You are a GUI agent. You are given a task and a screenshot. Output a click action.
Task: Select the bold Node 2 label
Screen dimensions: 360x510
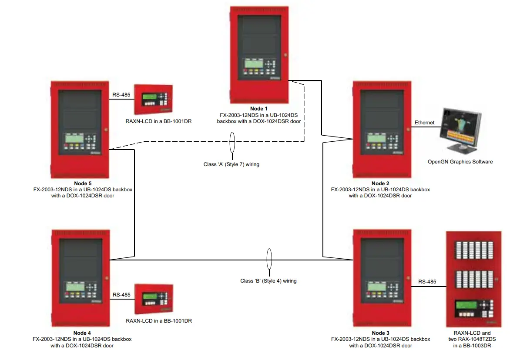pos(380,183)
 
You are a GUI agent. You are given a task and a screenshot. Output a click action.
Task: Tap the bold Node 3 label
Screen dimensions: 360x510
pos(380,333)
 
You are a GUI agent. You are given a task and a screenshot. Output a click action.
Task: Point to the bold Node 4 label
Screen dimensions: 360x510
pos(82,333)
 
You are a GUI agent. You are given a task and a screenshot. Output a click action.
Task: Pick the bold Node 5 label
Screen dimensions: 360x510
pos(82,183)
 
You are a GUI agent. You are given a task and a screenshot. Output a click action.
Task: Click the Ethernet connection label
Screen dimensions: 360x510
pos(424,123)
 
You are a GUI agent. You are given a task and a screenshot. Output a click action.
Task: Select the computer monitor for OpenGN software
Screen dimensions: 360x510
pos(460,129)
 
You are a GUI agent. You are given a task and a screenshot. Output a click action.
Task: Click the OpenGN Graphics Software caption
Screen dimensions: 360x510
pos(460,162)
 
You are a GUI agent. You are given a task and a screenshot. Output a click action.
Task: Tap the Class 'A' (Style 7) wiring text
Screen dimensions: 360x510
pos(231,164)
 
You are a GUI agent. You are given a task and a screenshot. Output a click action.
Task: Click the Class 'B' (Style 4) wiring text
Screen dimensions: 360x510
pos(268,281)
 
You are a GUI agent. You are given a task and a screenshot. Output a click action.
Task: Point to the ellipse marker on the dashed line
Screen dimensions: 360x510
pos(232,142)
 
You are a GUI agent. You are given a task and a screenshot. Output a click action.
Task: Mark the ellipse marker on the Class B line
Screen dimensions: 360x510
pos(269,260)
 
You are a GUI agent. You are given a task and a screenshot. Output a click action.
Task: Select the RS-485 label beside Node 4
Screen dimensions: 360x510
pos(121,295)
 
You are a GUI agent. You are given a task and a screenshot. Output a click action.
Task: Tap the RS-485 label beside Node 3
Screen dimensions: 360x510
pos(427,282)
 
